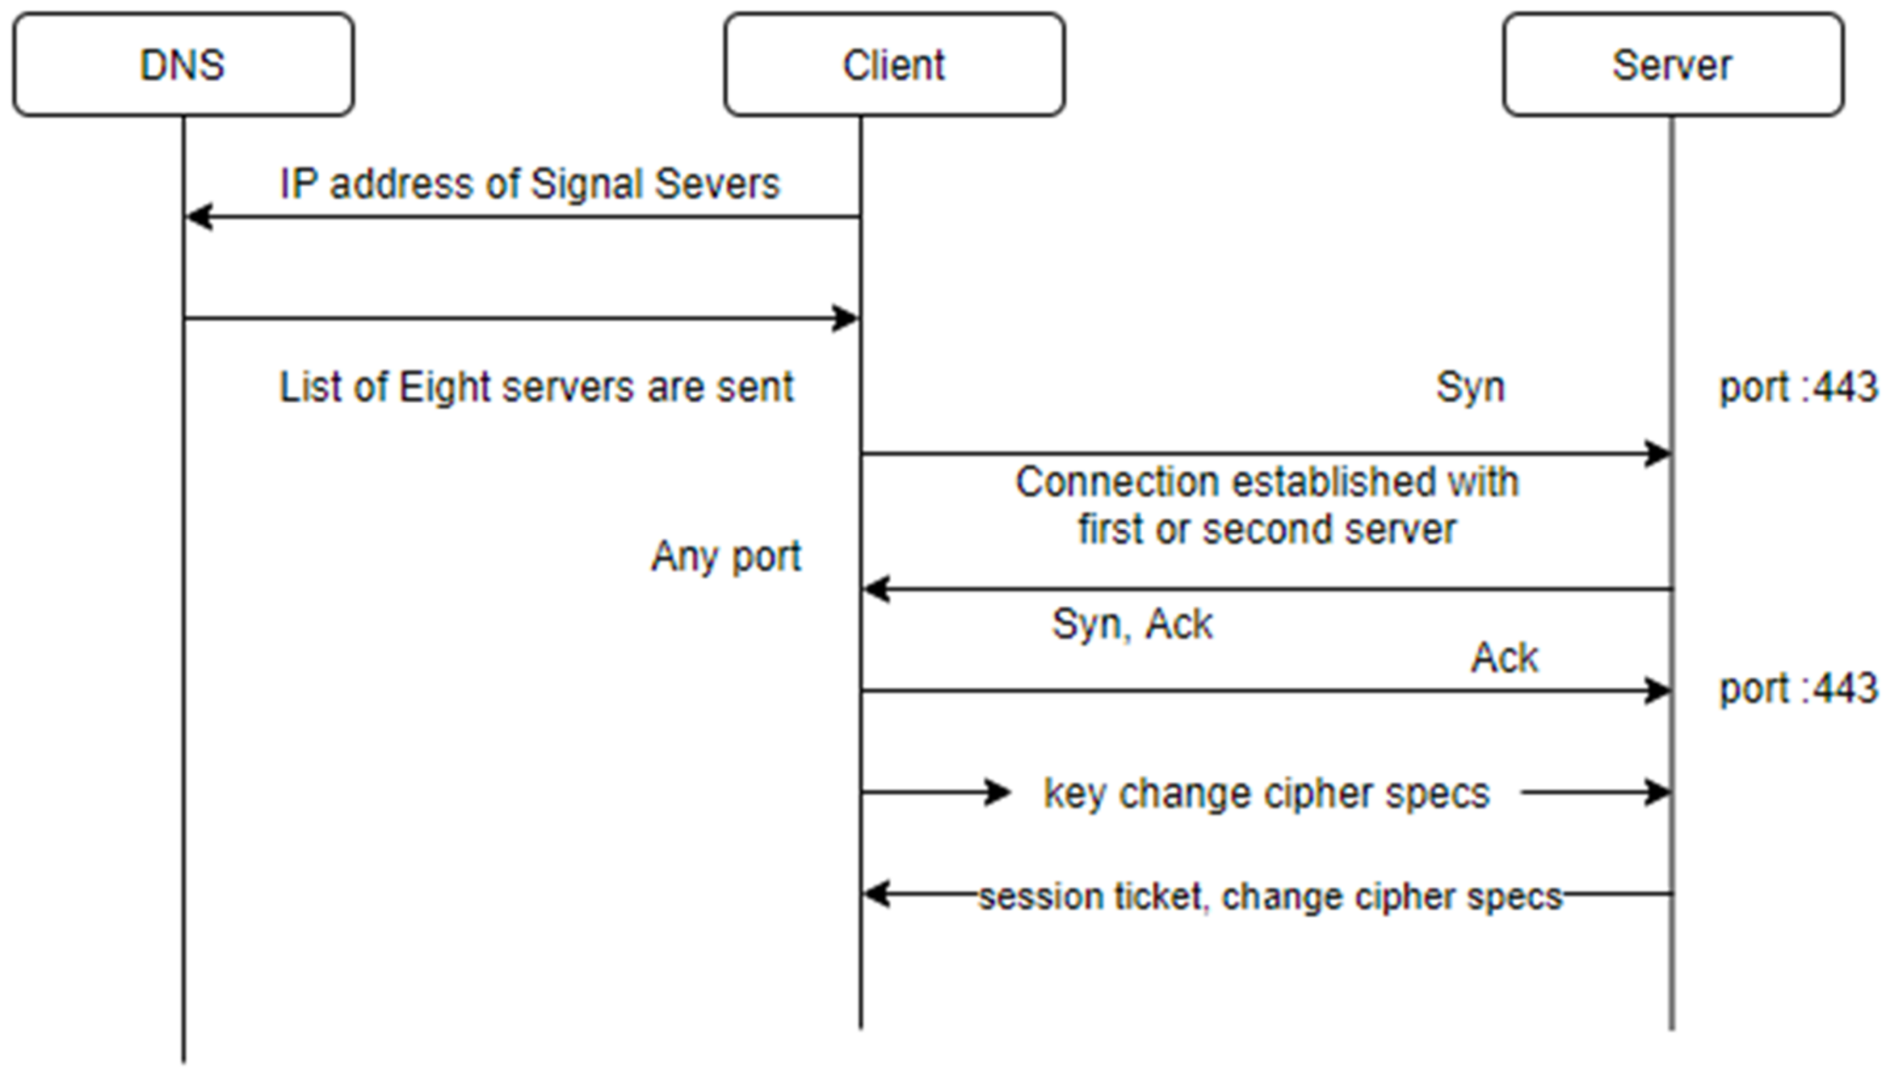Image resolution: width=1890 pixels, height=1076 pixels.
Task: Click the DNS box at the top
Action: [182, 64]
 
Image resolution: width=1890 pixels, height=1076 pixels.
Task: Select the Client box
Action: [894, 64]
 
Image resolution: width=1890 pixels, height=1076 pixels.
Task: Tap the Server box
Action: [1672, 64]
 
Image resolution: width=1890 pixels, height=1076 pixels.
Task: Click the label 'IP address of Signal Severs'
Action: [529, 184]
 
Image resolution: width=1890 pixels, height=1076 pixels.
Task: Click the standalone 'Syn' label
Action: [1469, 387]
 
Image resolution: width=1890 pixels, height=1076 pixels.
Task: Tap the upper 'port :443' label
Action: [1797, 387]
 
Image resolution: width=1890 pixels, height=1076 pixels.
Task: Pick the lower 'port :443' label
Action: [1797, 689]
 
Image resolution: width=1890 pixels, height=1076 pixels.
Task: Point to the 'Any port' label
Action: [726, 556]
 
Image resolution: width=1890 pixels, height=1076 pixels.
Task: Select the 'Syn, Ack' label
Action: [1131, 625]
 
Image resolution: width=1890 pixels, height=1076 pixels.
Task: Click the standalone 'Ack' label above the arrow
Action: [1504, 657]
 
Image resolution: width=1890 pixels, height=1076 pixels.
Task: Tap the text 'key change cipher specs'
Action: [1266, 794]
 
